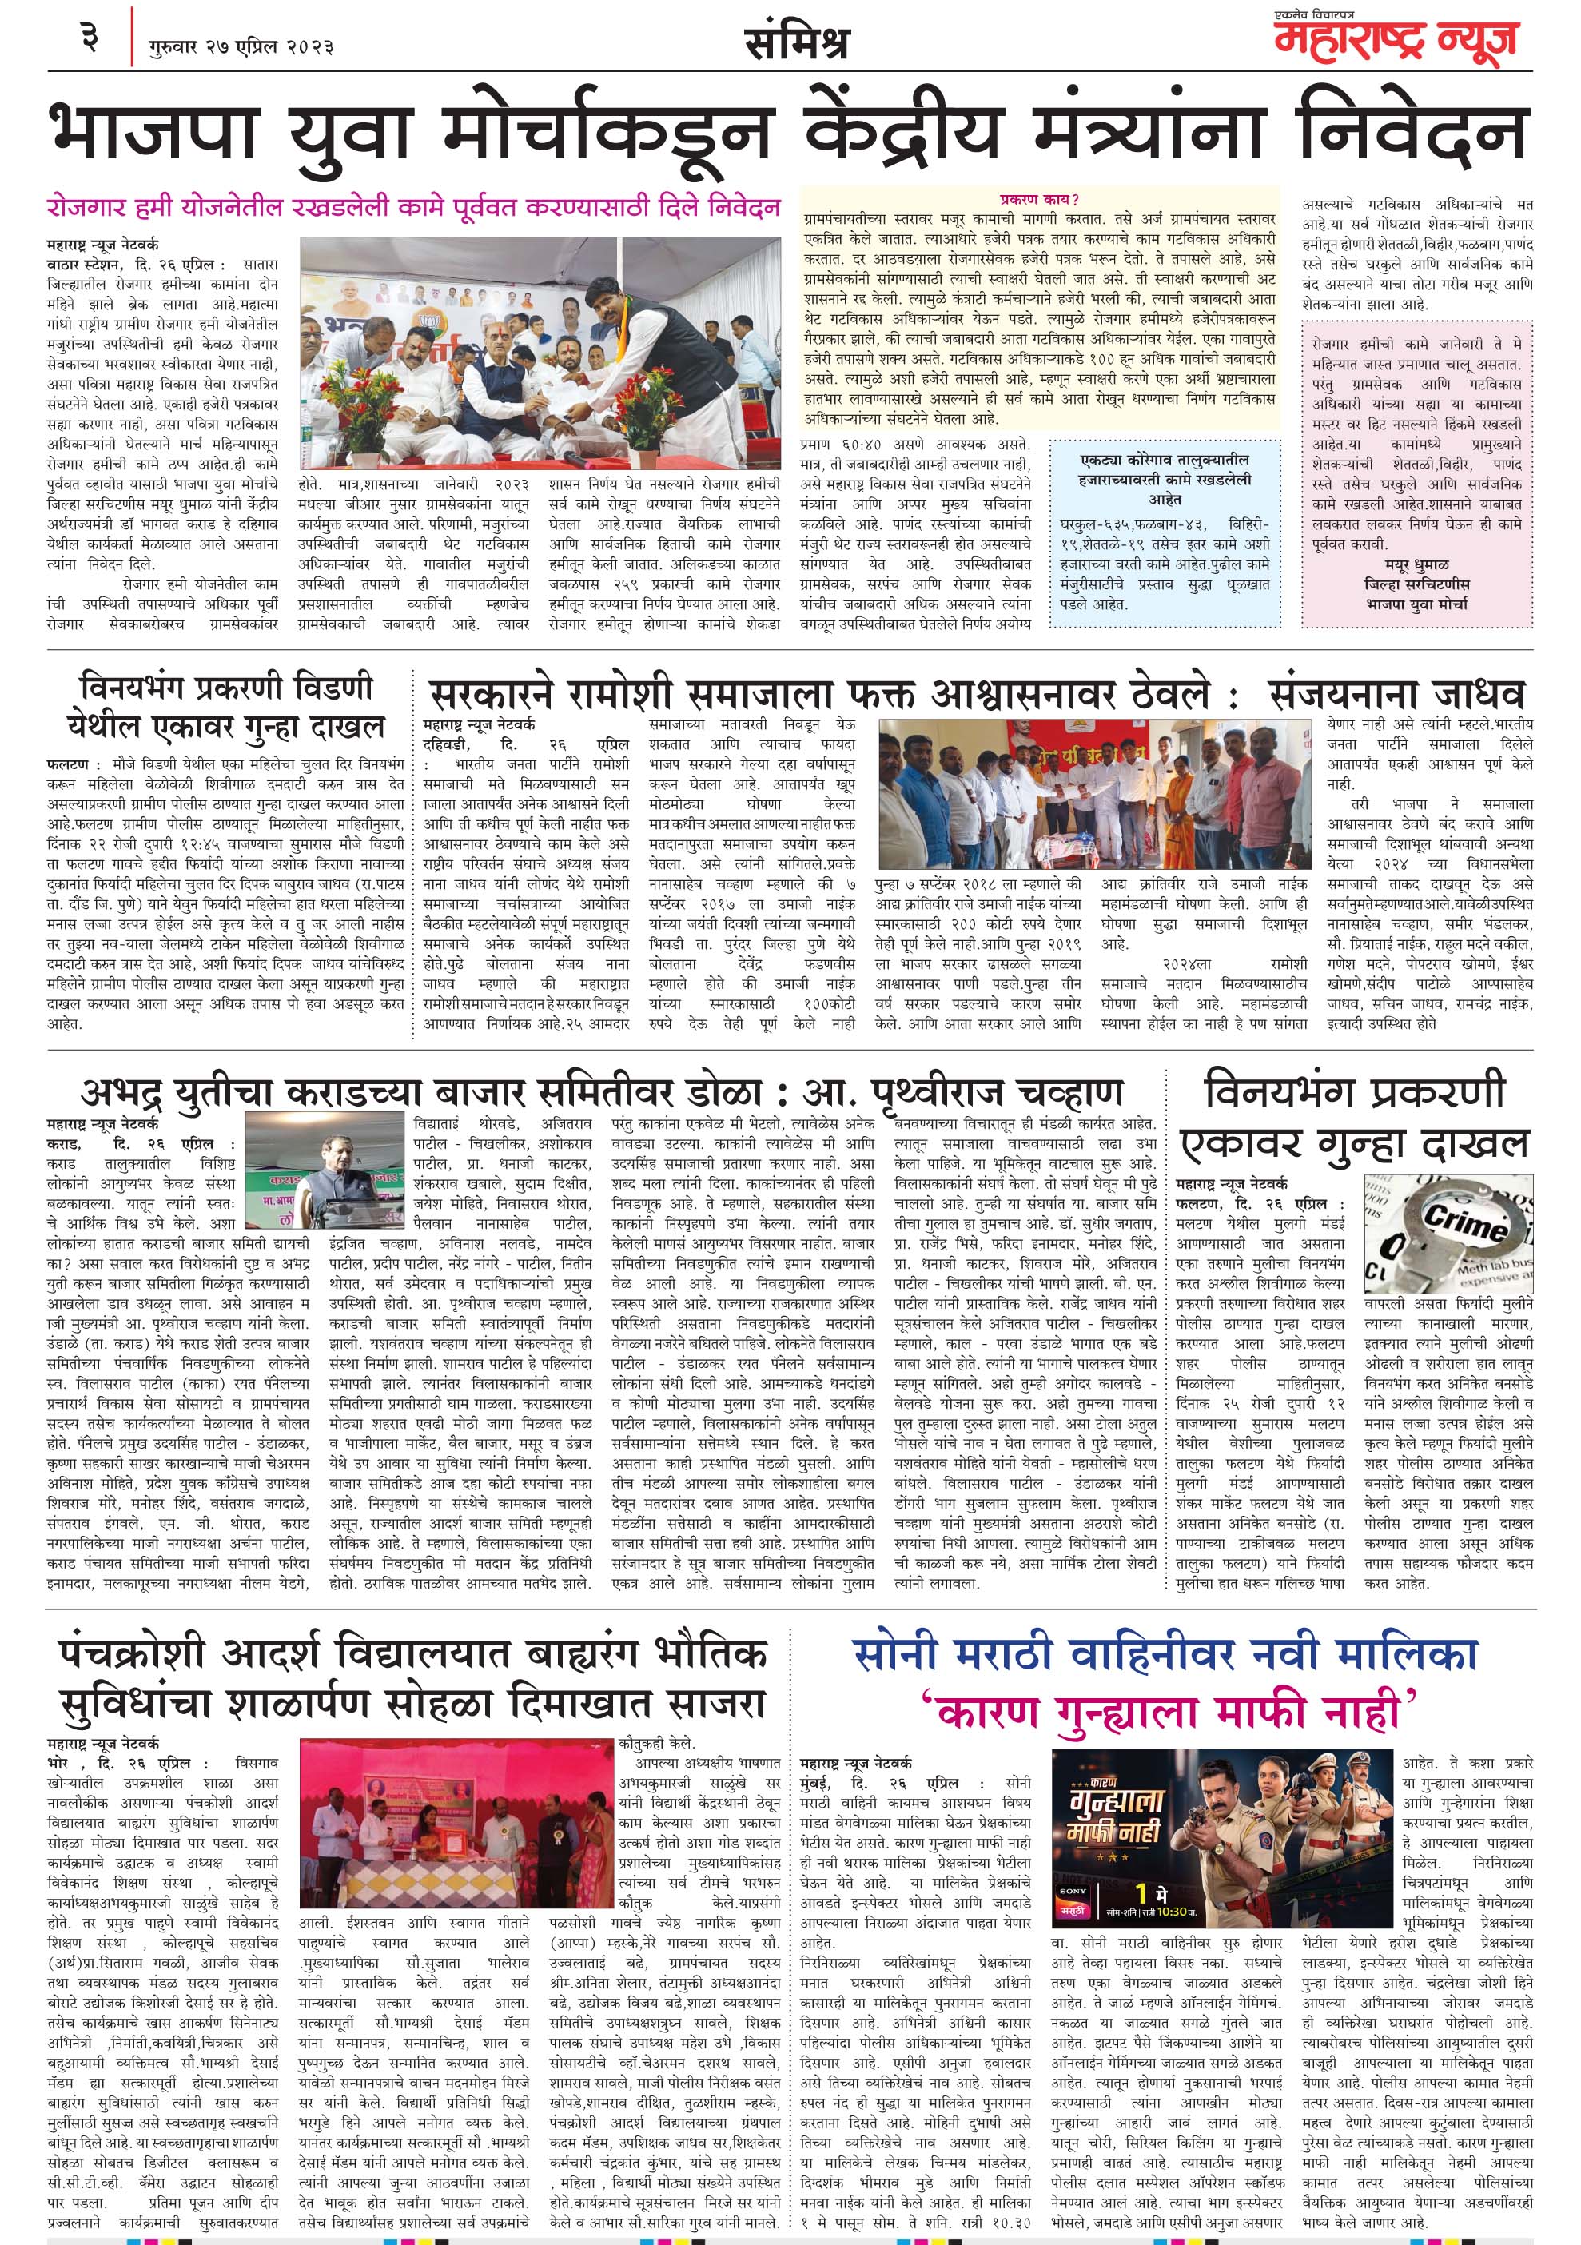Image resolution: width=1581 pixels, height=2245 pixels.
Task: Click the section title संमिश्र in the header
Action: point(796,43)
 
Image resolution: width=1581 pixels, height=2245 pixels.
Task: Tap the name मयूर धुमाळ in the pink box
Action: point(1416,565)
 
